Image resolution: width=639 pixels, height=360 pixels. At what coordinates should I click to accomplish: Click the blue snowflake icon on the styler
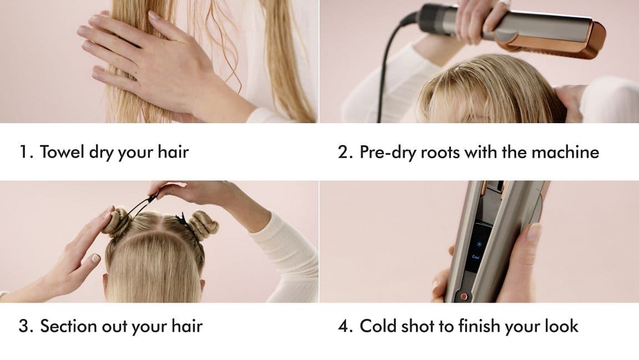(479, 245)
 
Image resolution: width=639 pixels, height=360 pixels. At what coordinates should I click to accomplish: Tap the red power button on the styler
(464, 297)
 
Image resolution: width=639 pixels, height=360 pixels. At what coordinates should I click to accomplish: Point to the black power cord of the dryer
(387, 69)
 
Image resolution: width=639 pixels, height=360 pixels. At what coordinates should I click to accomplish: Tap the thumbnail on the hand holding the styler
(534, 231)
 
